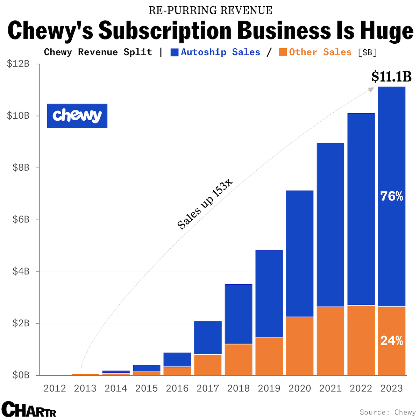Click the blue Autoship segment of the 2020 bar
point(300,254)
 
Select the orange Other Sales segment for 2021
point(330,341)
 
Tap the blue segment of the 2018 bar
point(239,314)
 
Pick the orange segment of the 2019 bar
point(269,356)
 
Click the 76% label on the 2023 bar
point(392,197)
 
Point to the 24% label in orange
point(392,341)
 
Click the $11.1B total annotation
point(391,76)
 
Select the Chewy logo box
point(77,115)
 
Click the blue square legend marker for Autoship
point(175,52)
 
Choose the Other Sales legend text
point(320,52)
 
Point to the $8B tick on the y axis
point(21,168)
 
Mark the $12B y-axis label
point(18,64)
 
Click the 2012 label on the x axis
point(55,388)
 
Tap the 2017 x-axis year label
point(208,388)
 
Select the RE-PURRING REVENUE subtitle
point(210,10)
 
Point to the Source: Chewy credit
point(388,412)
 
